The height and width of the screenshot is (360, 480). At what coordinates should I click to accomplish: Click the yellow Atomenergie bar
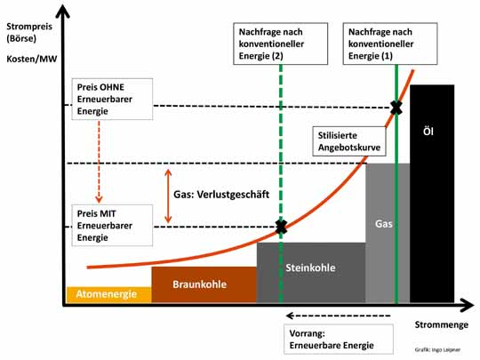[x=109, y=294]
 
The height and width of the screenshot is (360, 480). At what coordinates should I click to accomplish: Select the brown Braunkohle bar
[x=204, y=284]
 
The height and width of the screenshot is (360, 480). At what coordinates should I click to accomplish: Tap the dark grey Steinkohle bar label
[x=310, y=268]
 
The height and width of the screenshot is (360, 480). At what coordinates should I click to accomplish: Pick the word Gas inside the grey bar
[x=384, y=224]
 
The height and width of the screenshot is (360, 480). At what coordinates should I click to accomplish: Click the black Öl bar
[x=432, y=194]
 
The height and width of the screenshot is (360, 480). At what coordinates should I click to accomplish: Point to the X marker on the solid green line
[x=396, y=108]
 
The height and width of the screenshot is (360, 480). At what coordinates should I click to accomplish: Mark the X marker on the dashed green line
[x=281, y=227]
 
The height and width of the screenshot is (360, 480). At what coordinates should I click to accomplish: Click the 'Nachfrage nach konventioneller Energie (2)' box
[x=280, y=44]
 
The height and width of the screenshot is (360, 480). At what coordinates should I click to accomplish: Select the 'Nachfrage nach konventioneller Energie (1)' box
[x=390, y=44]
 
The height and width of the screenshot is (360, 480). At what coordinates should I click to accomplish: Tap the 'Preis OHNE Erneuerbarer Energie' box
[x=112, y=99]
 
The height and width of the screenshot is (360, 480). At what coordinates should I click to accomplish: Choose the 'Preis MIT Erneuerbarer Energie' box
[x=112, y=225]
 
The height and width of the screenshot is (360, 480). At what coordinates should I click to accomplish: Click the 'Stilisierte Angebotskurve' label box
[x=349, y=141]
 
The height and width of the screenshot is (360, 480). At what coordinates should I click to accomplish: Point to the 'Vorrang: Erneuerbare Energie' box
[x=339, y=340]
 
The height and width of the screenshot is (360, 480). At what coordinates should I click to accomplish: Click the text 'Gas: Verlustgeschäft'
[x=221, y=195]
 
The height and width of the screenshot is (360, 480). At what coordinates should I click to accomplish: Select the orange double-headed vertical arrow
[x=168, y=196]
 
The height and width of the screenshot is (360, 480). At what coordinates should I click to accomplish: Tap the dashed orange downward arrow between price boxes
[x=99, y=162]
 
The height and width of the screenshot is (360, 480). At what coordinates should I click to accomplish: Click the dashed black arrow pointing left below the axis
[x=339, y=316]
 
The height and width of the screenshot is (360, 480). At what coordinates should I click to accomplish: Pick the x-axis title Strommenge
[x=442, y=324]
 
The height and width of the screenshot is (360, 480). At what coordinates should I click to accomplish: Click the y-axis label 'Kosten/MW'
[x=32, y=59]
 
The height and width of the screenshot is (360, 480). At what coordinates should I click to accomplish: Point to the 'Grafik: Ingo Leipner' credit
[x=437, y=349]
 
